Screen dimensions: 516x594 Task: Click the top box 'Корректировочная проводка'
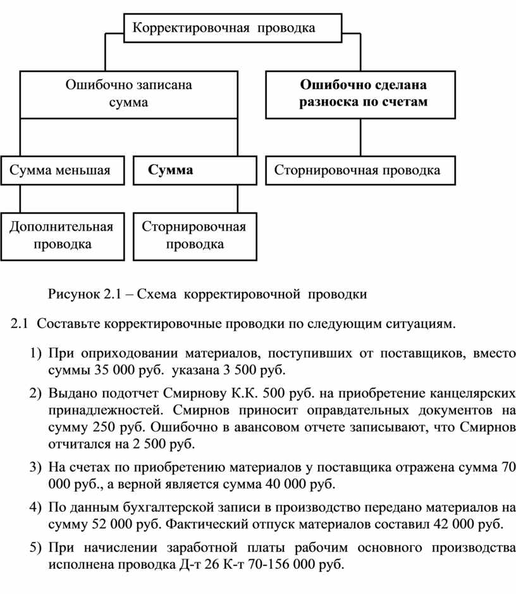[233, 28]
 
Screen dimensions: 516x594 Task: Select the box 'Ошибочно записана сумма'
[128, 95]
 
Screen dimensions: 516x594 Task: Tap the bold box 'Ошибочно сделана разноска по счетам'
[360, 95]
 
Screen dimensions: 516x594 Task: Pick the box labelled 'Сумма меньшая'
[63, 171]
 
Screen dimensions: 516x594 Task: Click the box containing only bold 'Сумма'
[195, 171]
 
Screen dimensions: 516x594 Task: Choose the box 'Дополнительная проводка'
[63, 236]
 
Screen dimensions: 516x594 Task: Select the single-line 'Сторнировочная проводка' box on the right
[360, 171]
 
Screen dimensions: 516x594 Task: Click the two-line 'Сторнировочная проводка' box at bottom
[195, 236]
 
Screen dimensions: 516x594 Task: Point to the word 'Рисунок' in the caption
[73, 294]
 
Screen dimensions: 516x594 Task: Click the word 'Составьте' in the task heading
[68, 324]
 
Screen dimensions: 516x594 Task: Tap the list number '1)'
[35, 353]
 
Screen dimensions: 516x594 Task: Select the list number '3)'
[35, 467]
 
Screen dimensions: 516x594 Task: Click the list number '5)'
[35, 547]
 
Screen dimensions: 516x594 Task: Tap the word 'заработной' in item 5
[202, 547]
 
